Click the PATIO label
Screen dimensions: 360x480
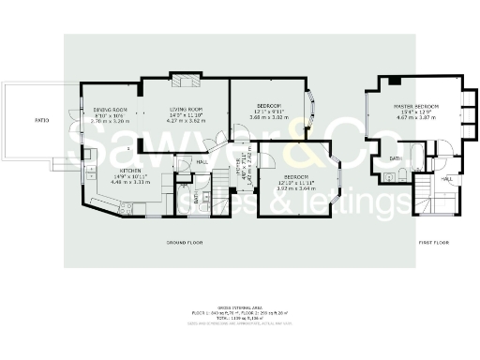pos(41,121)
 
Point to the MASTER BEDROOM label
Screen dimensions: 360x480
pos(416,107)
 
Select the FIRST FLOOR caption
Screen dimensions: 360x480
pos(434,243)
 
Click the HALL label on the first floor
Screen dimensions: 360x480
pos(446,178)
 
